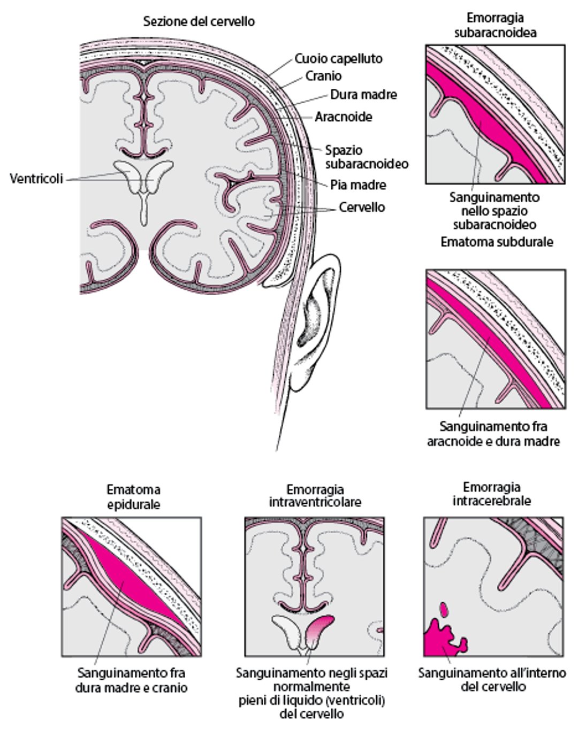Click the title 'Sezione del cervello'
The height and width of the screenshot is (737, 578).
tap(199, 22)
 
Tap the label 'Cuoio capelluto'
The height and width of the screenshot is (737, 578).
tap(338, 58)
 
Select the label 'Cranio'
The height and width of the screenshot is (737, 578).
tap(323, 76)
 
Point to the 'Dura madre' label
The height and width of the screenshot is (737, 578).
tap(363, 95)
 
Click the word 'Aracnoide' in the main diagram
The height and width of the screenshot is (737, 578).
tap(343, 117)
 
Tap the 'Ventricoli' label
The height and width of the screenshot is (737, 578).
tap(36, 178)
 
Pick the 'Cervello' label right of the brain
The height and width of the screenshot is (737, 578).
tap(361, 207)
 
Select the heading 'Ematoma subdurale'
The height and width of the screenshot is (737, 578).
tap(496, 242)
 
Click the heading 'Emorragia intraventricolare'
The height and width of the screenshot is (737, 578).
tap(315, 496)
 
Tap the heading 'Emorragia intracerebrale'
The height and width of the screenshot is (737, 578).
tap(491, 494)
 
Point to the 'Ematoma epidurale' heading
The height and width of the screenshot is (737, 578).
tap(133, 496)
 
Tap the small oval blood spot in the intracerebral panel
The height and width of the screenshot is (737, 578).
tap(444, 609)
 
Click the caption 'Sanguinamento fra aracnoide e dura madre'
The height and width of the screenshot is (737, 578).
tap(493, 434)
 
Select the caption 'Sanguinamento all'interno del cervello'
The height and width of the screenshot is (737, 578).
tap(491, 679)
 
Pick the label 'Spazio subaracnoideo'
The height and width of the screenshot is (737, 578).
tap(366, 157)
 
